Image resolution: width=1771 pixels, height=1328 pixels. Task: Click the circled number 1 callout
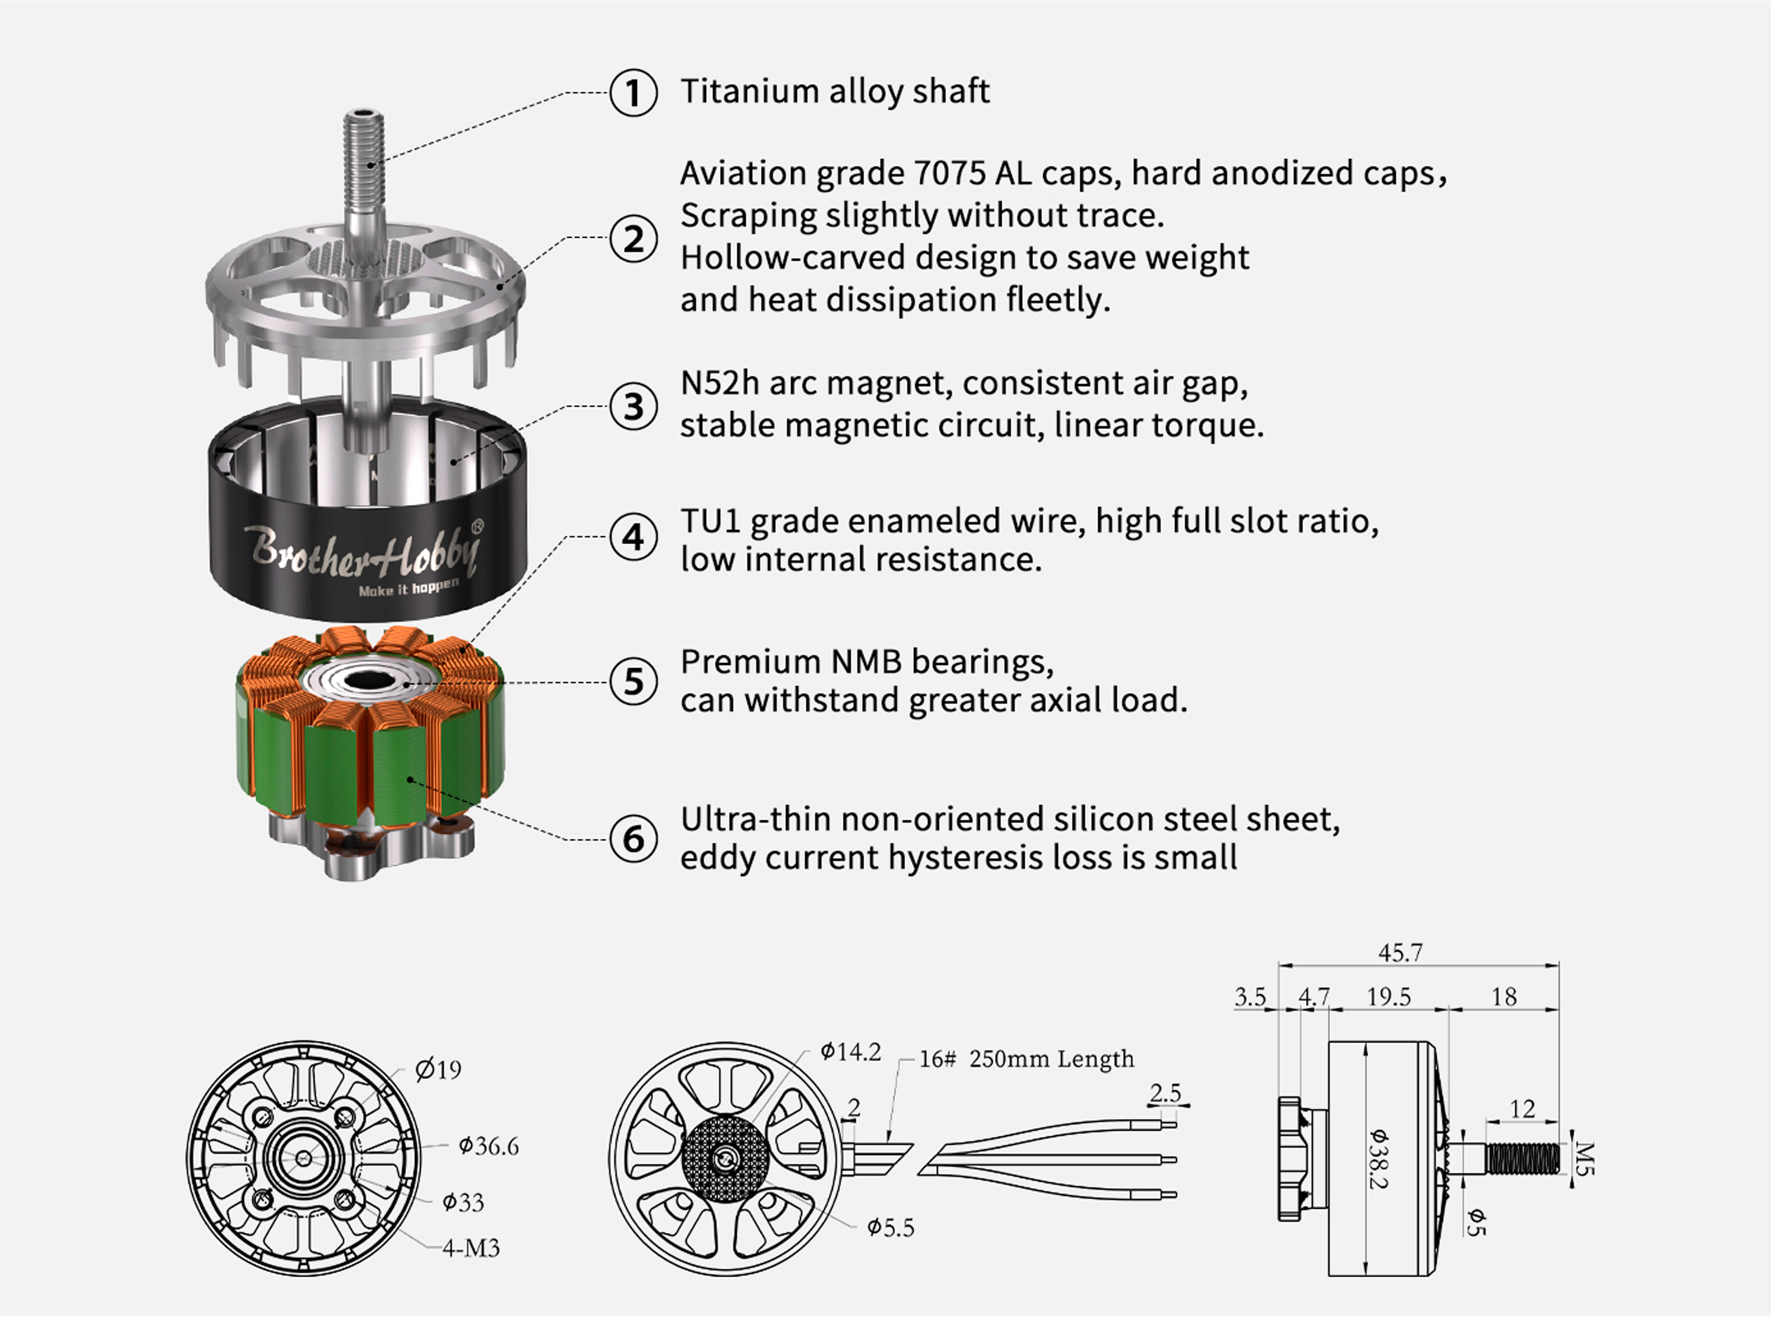(633, 92)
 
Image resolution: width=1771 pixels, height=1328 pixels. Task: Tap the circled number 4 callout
(633, 537)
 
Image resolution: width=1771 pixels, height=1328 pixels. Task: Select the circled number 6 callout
(633, 838)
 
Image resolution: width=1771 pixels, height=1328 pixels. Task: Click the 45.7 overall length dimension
(1400, 953)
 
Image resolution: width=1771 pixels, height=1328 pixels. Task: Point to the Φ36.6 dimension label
(488, 1146)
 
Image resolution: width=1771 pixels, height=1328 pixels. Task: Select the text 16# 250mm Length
(1027, 1059)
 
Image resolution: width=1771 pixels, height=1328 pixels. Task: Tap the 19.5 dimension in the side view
(1388, 997)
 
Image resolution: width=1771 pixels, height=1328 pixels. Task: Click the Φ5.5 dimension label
(890, 1228)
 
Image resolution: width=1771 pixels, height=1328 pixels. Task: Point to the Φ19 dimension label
(439, 1069)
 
